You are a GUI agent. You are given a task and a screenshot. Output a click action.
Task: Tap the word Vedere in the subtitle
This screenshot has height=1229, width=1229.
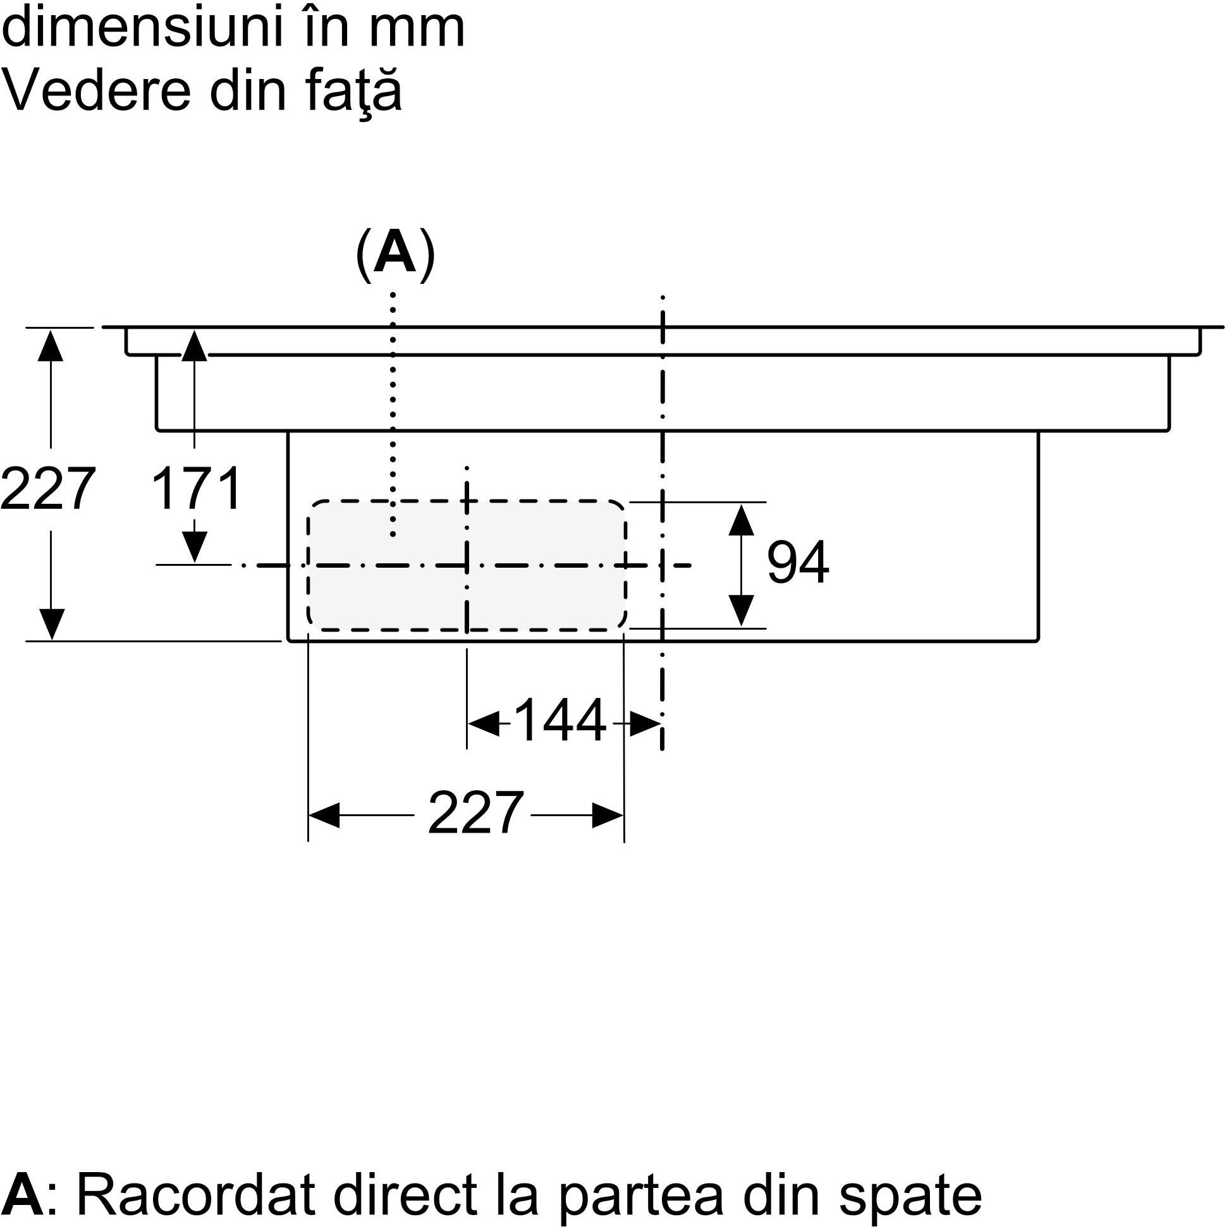[x=96, y=92]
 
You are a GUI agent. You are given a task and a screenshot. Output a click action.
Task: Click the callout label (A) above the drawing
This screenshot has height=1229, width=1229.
[x=395, y=254]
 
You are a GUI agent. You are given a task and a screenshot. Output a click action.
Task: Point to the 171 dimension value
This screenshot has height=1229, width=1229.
[x=196, y=488]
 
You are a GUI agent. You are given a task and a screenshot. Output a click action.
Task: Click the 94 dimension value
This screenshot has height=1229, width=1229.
[x=798, y=561]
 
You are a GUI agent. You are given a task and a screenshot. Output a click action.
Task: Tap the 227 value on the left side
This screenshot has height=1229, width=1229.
[x=47, y=488]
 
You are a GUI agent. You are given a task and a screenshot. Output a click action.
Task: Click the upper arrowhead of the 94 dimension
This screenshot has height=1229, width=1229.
[x=741, y=520]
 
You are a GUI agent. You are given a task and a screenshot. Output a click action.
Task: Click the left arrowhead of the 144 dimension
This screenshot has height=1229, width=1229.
[x=484, y=723]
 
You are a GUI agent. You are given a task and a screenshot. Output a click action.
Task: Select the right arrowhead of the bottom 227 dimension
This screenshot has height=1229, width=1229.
[x=608, y=815]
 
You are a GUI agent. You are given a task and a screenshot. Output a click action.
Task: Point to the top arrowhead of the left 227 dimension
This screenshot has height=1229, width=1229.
[x=50, y=345]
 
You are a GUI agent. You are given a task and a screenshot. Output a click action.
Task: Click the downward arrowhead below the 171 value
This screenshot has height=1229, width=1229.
[x=194, y=546]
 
